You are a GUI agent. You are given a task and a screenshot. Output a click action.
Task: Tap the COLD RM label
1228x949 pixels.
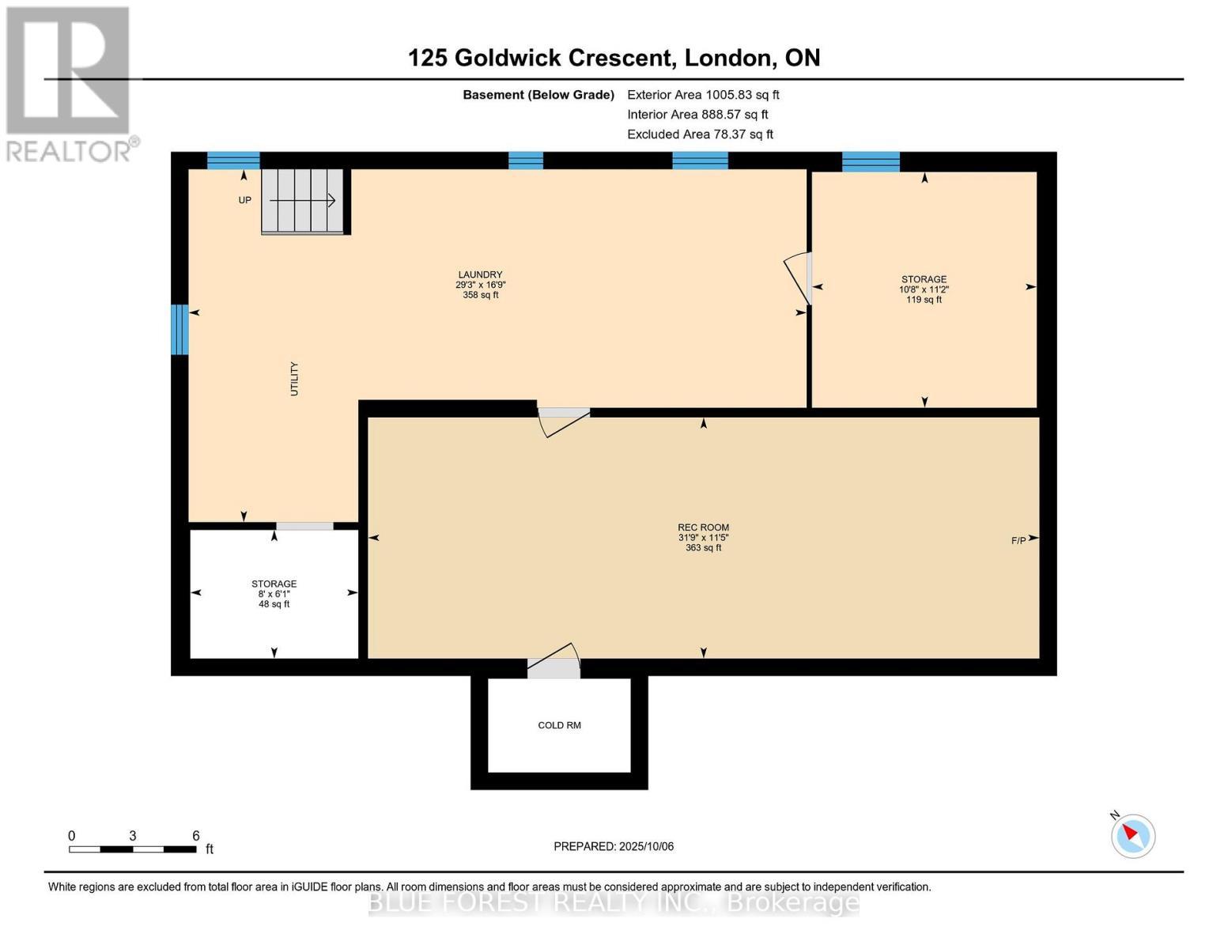point(559,725)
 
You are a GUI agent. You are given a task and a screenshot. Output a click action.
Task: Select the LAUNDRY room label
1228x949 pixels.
point(480,275)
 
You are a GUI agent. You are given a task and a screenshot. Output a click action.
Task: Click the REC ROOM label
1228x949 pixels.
point(703,527)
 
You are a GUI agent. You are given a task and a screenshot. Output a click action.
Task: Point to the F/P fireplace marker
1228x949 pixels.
point(1019,541)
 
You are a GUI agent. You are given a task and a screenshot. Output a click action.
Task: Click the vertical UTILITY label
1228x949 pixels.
point(294,379)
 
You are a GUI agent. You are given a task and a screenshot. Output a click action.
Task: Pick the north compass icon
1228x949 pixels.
point(1132,835)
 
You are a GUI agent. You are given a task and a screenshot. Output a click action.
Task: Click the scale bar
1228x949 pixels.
point(132,849)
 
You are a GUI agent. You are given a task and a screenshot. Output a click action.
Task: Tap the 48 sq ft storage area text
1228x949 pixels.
point(274,604)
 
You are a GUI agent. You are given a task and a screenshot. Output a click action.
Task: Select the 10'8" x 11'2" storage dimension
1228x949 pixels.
point(924,289)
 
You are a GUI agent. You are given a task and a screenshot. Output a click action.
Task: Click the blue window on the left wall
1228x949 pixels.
point(180,329)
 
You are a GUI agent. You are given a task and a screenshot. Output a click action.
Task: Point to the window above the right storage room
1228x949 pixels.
point(871,161)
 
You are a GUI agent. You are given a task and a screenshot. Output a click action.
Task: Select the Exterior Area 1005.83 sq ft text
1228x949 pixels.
point(703,95)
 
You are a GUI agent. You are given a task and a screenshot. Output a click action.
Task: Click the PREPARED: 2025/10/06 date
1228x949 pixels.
point(614,846)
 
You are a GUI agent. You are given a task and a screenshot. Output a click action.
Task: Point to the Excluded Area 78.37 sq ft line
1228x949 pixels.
point(700,134)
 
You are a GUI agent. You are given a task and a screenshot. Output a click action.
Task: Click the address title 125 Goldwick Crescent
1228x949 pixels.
point(614,58)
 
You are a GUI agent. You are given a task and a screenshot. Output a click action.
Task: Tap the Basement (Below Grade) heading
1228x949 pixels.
point(538,95)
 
